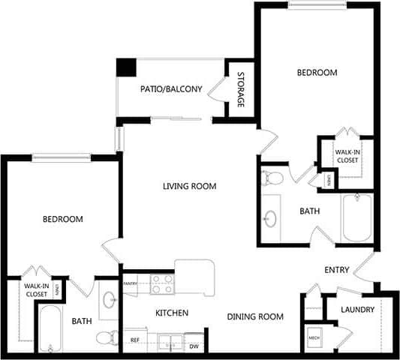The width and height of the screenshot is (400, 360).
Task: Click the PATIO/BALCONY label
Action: pos(171,88)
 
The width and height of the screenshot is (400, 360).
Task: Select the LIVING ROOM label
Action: pos(190,186)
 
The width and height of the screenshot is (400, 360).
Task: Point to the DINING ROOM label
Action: pos(255,316)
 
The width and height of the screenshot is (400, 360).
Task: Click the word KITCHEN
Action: pos(172,313)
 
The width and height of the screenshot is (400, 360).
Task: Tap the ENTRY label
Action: pos(336,270)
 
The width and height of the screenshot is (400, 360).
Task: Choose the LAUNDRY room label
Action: pos(356,310)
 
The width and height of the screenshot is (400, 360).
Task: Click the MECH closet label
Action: pos(314,338)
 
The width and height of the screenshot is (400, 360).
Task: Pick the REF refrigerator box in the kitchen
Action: pos(135,340)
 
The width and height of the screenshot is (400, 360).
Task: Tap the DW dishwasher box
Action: pos(194,345)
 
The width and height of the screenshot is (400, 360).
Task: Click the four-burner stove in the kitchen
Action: pos(162,283)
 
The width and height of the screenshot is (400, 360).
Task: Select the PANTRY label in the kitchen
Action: pos(131,283)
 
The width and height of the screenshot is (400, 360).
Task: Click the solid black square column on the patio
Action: pos(125,66)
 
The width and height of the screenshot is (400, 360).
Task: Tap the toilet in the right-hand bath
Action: pos(272,178)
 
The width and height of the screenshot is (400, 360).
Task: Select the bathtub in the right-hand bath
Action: pos(359,217)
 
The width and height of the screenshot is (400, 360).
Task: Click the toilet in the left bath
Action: pos(110,337)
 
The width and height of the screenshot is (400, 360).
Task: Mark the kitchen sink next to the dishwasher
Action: pos(169,345)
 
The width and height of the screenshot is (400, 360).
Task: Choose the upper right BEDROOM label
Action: pos(317,73)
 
